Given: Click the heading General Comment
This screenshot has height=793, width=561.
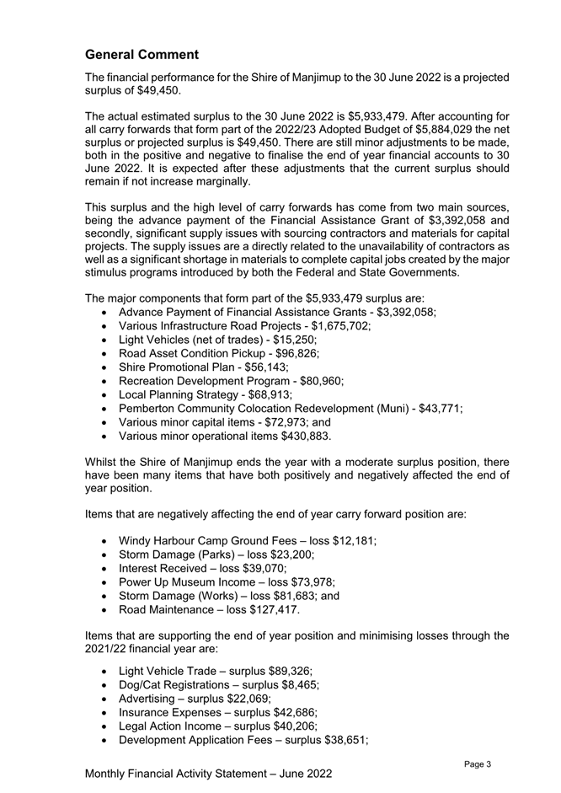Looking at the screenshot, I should point(142,55).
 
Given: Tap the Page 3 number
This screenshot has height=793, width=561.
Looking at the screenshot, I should point(478,764).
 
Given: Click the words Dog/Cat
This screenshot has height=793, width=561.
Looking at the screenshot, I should point(145,687).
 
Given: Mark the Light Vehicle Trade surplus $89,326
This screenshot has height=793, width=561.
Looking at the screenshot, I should point(284,672).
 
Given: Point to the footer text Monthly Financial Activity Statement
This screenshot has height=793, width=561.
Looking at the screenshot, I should point(190,774).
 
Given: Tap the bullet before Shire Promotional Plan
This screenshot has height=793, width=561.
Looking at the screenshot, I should point(102,375).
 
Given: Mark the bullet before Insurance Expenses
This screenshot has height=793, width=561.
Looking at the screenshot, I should point(102,718).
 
